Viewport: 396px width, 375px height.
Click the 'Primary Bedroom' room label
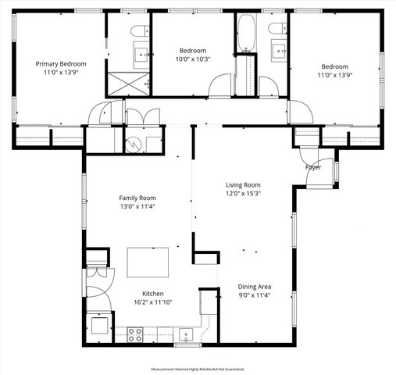[x=61, y=63]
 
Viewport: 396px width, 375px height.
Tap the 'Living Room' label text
[x=243, y=184]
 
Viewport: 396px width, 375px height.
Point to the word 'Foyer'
[x=313, y=167]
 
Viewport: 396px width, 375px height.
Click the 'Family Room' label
[x=137, y=198]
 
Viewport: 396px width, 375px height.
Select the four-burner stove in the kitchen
[x=134, y=334]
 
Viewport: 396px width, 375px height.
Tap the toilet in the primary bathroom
[x=137, y=31]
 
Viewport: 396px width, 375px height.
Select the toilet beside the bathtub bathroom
[x=275, y=30]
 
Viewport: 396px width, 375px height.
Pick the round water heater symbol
[x=134, y=143]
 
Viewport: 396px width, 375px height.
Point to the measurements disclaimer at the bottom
[x=198, y=369]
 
